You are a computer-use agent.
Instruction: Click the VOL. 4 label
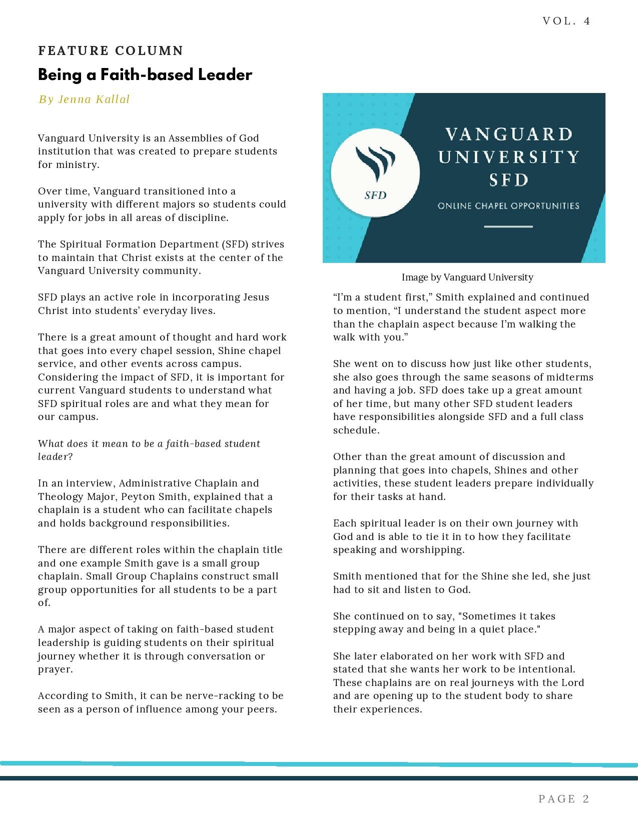[566, 21]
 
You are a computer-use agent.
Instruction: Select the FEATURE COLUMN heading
[111, 51]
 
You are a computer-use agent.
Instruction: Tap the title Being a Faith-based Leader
[145, 75]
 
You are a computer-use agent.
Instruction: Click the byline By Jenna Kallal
[84, 99]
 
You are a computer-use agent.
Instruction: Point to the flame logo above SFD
[375, 162]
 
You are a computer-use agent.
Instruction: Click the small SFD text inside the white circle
[375, 195]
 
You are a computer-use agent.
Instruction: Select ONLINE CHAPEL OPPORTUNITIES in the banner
[508, 206]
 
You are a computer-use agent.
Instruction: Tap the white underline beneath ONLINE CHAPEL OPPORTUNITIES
[508, 226]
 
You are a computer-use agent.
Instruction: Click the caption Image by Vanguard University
[467, 277]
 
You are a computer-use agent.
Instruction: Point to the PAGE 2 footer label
[564, 799]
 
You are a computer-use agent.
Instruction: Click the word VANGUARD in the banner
[508, 134]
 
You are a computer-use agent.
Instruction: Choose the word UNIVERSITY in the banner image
[508, 157]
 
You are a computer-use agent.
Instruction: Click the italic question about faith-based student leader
[149, 450]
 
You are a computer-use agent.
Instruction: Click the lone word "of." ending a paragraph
[45, 603]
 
